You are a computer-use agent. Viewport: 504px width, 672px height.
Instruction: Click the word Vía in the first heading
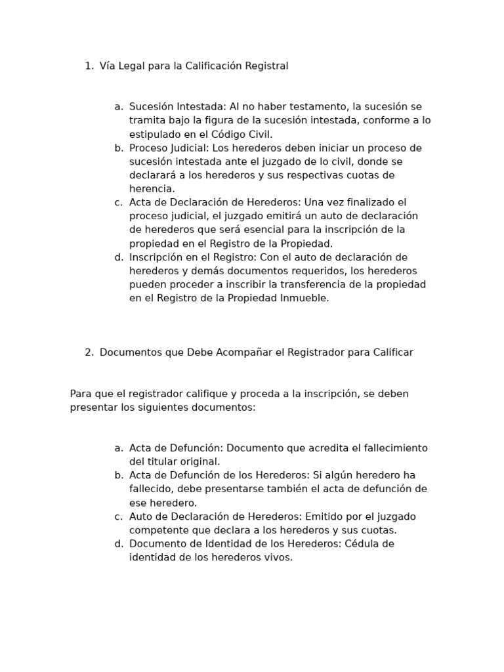(x=108, y=66)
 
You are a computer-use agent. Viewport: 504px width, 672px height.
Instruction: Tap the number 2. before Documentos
(x=89, y=352)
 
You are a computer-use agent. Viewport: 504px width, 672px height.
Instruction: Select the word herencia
(x=152, y=188)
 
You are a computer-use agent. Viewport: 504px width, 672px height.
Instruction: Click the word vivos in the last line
(x=277, y=558)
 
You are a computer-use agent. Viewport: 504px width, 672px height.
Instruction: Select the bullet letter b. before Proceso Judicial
(x=118, y=148)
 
